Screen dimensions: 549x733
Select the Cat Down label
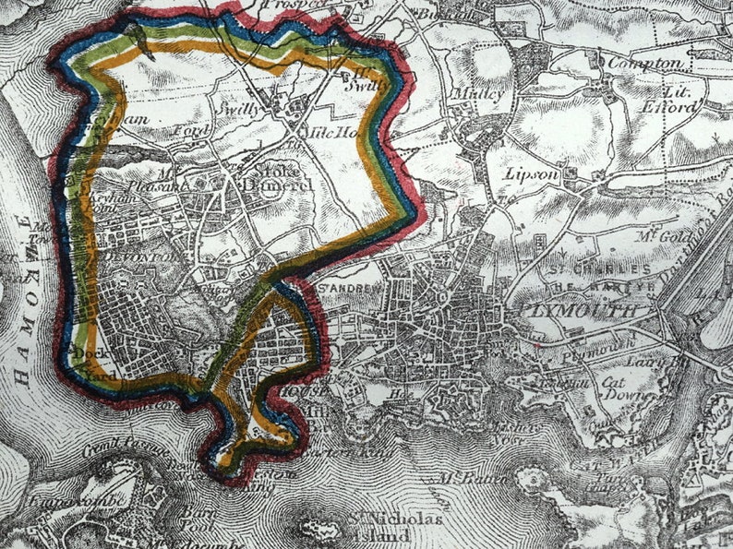click(x=614, y=388)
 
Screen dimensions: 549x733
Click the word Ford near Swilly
click(x=196, y=130)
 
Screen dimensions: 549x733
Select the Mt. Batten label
click(x=462, y=478)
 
